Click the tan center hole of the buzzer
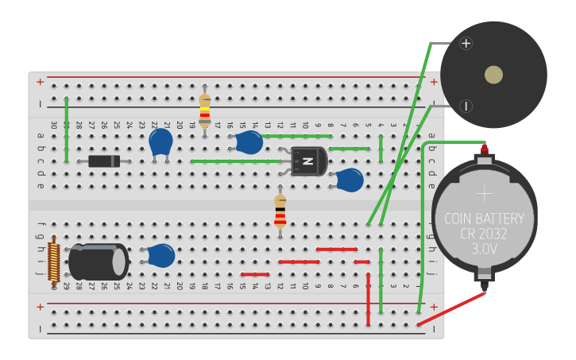(x=493, y=75)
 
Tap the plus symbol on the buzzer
(x=466, y=43)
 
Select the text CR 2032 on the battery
(x=484, y=234)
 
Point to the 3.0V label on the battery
(x=484, y=249)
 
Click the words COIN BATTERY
(x=484, y=219)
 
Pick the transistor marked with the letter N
(x=307, y=161)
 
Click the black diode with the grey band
(x=104, y=161)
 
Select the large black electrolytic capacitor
(x=99, y=261)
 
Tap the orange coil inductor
(x=54, y=261)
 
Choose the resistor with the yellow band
(x=204, y=110)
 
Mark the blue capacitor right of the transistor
(x=350, y=180)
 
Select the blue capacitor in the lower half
(x=161, y=255)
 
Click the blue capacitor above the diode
(x=160, y=142)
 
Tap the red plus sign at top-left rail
(x=40, y=81)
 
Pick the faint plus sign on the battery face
(x=484, y=193)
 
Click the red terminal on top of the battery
(x=484, y=149)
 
